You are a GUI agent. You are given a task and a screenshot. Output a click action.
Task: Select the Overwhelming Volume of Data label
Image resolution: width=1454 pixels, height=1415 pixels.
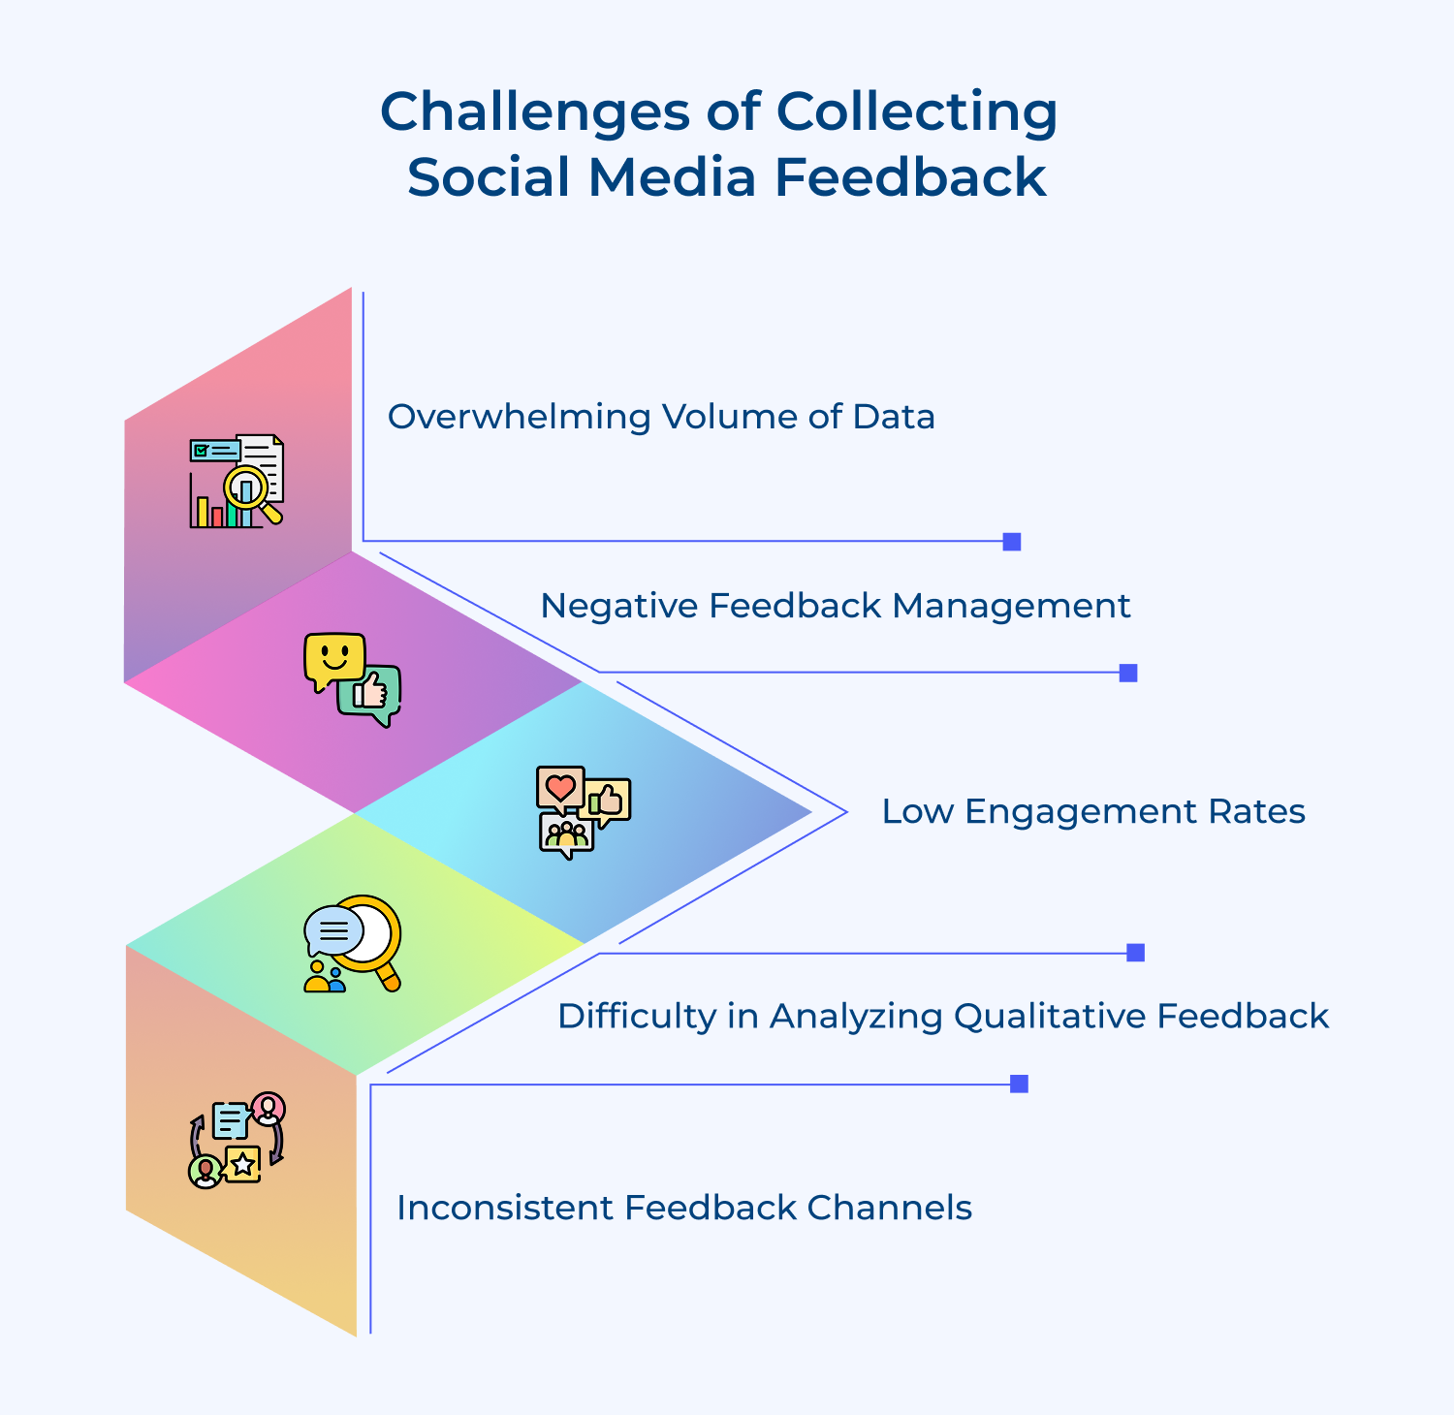pos(661,417)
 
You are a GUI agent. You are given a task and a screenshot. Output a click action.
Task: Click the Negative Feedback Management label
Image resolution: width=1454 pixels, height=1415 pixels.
pos(835,606)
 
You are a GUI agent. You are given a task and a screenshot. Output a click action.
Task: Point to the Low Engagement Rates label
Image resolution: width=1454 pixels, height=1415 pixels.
pos(1092,811)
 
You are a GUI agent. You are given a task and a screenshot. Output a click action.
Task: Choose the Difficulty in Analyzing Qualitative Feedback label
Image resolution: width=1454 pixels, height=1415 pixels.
pos(942,1016)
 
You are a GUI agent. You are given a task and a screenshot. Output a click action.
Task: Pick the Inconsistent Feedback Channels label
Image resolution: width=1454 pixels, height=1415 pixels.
pos(684,1208)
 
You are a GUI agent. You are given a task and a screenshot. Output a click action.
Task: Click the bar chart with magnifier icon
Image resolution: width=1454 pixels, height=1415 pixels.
pos(237,482)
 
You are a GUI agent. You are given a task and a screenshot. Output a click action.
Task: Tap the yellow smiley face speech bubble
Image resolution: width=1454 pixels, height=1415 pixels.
pos(333,660)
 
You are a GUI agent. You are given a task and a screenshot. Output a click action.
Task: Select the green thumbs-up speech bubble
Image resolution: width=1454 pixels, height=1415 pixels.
pos(370,694)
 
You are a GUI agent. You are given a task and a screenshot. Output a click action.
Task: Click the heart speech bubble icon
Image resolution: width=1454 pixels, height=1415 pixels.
pos(560,788)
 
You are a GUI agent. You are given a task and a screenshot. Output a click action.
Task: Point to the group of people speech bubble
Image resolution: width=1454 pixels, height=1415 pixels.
pos(566,834)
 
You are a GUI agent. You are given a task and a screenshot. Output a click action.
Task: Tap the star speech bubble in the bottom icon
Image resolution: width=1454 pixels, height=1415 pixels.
pos(242,1164)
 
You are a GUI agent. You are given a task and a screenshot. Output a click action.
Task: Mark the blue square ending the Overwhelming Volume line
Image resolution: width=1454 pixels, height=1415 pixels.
pos(1012,542)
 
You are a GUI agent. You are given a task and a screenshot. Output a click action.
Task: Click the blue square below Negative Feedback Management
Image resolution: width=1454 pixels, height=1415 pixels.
pos(1128,673)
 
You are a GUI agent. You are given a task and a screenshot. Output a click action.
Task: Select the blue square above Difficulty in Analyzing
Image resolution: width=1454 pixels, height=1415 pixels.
pos(1136,953)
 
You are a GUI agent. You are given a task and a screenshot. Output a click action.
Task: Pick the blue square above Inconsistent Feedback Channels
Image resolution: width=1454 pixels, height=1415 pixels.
pos(1019,1084)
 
